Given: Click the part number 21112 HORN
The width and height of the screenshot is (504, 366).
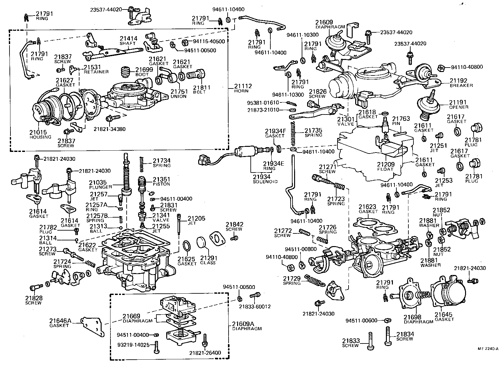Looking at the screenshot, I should pyautogui.click(x=243, y=88).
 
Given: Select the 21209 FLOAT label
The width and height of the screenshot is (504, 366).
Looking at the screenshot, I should pyautogui.click(x=385, y=166).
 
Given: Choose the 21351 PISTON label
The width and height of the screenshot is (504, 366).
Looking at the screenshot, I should pyautogui.click(x=161, y=181).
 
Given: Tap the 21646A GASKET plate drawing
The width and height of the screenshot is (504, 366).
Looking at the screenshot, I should pyautogui.click(x=93, y=327).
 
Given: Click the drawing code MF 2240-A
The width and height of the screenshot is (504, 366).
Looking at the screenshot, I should pyautogui.click(x=488, y=349).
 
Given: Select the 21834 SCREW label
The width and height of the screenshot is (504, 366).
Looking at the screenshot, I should pyautogui.click(x=405, y=336).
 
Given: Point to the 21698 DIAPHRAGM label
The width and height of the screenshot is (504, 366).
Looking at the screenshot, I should pyautogui.click(x=418, y=319).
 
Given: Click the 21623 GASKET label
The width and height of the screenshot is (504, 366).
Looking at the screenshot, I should pyautogui.click(x=368, y=209).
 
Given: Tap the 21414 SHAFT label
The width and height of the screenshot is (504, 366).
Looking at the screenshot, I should pyautogui.click(x=128, y=41).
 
